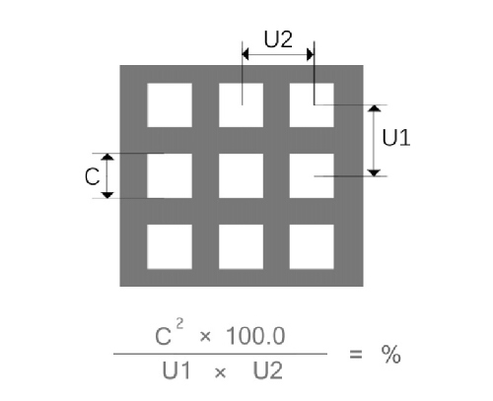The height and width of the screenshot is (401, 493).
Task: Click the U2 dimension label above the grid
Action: click(x=278, y=39)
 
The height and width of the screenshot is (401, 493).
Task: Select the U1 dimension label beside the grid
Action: click(x=396, y=137)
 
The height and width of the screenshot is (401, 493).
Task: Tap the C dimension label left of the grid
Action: click(x=92, y=176)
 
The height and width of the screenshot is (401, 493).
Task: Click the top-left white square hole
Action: click(x=170, y=105)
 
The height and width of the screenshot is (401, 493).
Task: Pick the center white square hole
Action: click(x=241, y=176)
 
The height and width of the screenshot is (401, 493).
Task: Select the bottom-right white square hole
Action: click(x=312, y=246)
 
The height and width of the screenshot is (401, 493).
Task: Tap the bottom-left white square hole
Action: click(x=170, y=246)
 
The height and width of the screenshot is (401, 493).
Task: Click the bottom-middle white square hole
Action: click(x=241, y=246)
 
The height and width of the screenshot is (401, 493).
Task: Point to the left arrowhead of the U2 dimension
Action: click(x=246, y=54)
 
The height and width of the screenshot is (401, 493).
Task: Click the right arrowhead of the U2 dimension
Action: click(x=311, y=54)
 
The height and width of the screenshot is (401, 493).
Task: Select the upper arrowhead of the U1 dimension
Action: click(x=374, y=108)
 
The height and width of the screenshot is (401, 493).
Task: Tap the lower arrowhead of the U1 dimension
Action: click(x=374, y=172)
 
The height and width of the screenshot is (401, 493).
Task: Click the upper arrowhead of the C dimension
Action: click(x=107, y=157)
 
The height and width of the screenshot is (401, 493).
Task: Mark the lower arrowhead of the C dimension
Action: click(x=107, y=195)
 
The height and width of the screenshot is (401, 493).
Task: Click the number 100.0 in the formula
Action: click(x=255, y=336)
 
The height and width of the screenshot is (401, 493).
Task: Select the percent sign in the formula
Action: click(x=390, y=355)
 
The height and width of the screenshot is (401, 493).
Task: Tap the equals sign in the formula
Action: click(x=356, y=355)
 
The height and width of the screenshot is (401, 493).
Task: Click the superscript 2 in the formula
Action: click(x=179, y=324)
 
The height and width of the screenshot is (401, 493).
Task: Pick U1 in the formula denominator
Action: click(x=176, y=371)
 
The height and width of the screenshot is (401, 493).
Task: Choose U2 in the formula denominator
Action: click(x=267, y=371)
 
